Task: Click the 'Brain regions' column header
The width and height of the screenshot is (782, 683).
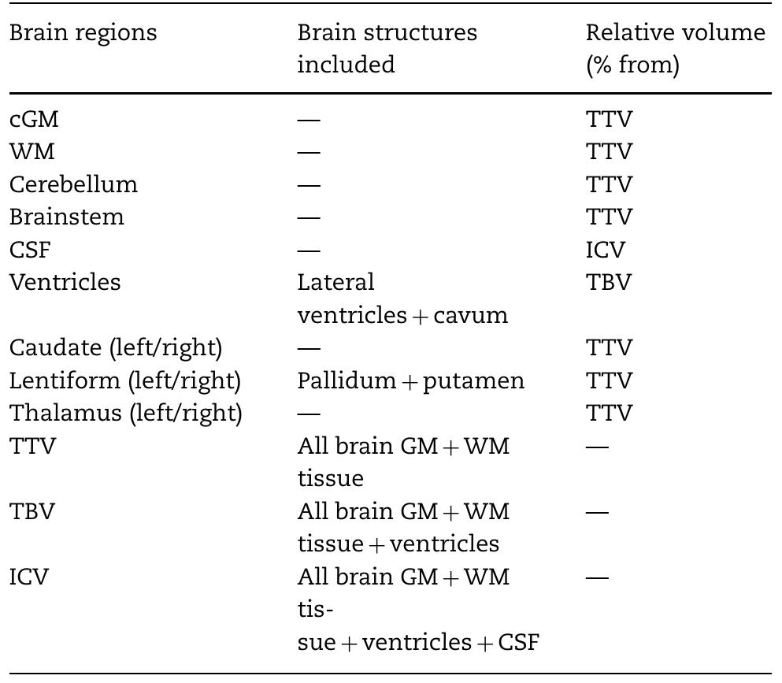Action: [83, 33]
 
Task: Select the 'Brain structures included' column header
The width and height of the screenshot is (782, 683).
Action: [387, 48]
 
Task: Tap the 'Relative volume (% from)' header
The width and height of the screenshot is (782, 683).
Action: [675, 48]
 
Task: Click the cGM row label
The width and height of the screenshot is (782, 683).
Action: [34, 119]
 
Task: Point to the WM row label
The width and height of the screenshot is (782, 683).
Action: [32, 151]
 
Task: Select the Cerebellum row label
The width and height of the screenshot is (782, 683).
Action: [73, 184]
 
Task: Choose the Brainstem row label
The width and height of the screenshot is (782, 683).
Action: [67, 217]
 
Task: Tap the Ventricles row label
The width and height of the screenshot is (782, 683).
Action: [65, 282]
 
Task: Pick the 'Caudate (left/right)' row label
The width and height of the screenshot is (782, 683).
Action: [116, 347]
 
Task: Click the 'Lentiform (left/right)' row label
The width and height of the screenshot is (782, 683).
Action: [125, 380]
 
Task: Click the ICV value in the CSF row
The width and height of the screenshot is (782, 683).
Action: [605, 250]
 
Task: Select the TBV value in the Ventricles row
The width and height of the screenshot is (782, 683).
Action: [608, 282]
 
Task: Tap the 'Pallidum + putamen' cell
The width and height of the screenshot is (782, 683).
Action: [410, 380]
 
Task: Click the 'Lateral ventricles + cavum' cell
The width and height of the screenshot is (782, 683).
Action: [402, 299]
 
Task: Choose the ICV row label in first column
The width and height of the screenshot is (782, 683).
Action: [29, 577]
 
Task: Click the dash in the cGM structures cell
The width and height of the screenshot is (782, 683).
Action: [309, 120]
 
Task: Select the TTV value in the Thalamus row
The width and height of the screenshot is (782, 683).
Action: [609, 414]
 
